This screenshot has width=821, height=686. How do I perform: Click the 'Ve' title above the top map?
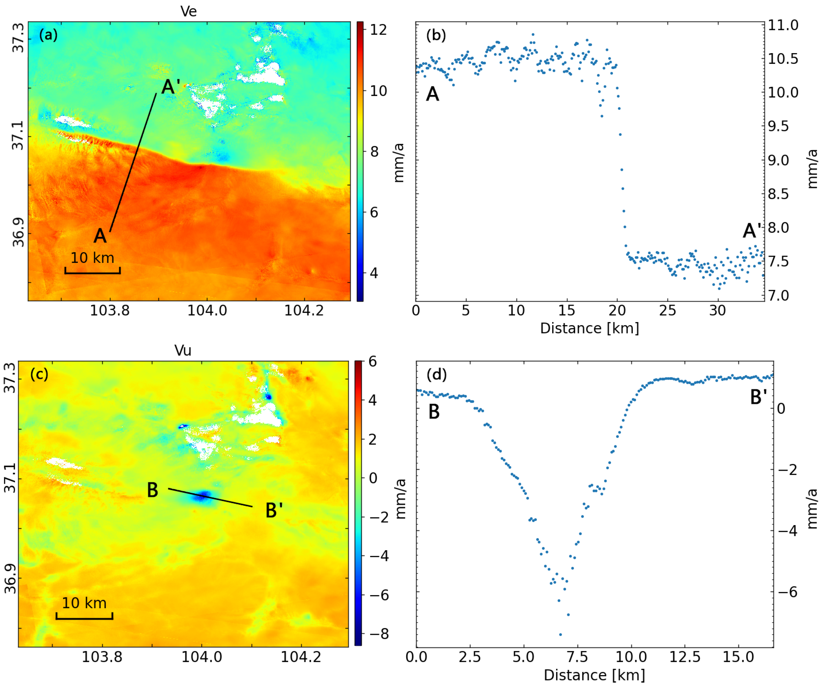point(188,11)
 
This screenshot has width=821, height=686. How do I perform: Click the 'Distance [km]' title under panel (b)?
point(590,328)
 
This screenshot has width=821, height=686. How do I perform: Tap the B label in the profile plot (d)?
point(434,412)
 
